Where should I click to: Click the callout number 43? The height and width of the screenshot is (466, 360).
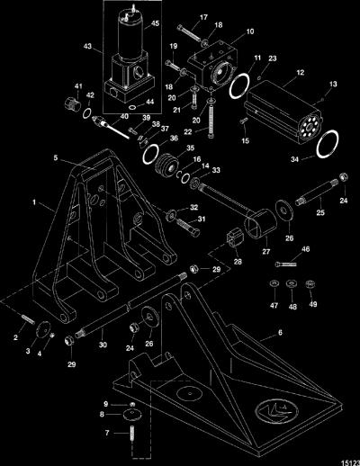pos(87,47)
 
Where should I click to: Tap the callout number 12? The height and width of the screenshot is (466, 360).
pos(300,72)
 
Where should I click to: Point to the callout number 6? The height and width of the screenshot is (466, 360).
pos(280,333)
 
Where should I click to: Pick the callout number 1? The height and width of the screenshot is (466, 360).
pos(34,202)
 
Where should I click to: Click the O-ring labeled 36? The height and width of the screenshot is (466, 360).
pos(150,154)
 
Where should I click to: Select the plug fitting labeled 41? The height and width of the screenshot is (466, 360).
pos(72,103)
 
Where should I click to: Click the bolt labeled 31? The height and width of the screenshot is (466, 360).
pos(188,228)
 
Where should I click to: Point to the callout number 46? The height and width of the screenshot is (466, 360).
pos(305,249)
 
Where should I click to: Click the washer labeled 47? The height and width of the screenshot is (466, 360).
pos(274,283)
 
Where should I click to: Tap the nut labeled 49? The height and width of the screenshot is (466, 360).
pos(310,283)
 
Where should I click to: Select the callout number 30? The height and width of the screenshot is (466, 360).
pos(103,345)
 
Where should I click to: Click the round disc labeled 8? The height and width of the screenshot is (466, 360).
pos(132,416)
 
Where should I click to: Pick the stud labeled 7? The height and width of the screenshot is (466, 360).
pos(132,434)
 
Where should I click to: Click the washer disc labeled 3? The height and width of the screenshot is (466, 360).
pos(43,328)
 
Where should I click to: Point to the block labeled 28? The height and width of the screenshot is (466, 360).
pos(235,238)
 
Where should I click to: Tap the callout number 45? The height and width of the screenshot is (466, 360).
pos(155,23)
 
